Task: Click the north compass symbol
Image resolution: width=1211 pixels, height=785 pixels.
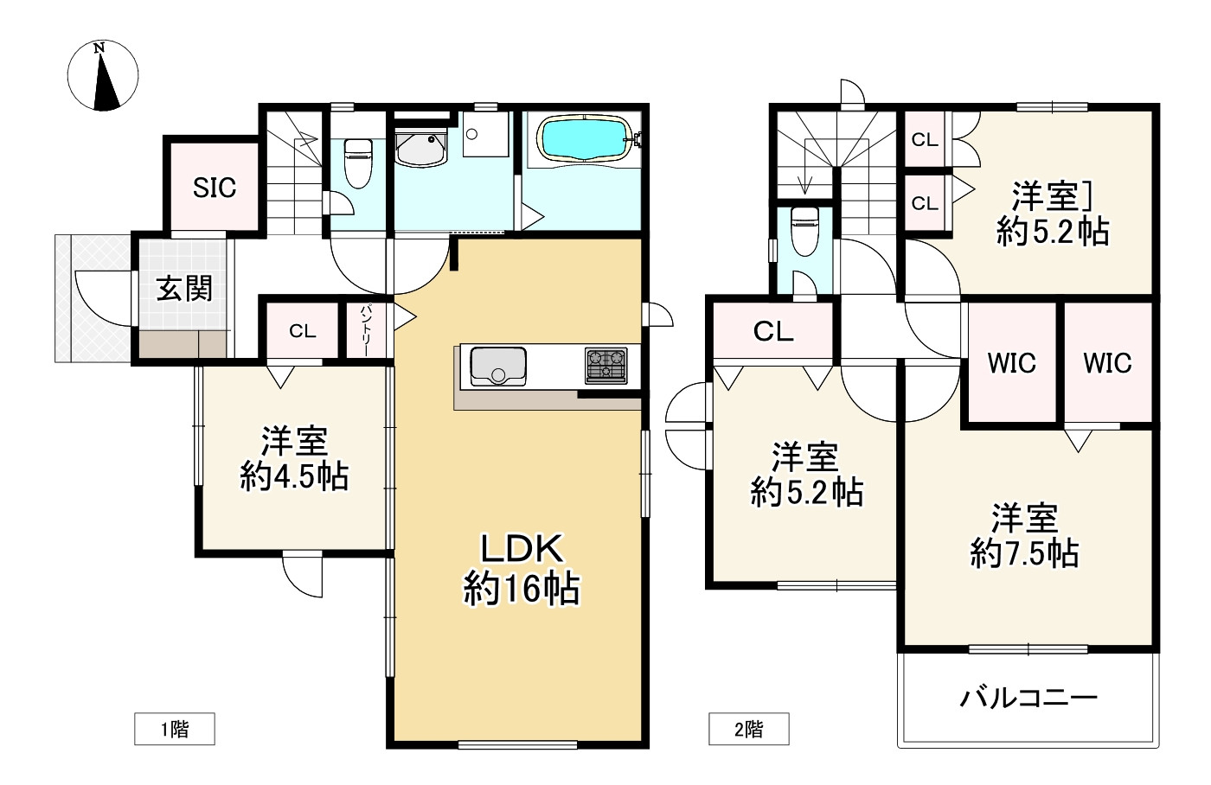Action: pyautogui.click(x=103, y=75)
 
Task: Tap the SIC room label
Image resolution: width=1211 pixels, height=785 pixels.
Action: pyautogui.click(x=215, y=188)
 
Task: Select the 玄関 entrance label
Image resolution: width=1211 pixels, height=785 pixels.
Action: pyautogui.click(x=184, y=289)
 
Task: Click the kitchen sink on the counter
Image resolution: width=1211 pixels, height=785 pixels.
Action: pyautogui.click(x=498, y=367)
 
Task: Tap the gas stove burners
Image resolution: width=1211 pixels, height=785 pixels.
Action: pyautogui.click(x=606, y=366)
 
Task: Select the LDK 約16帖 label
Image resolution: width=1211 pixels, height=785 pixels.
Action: pyautogui.click(x=521, y=569)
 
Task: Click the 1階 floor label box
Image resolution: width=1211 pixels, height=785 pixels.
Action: pyautogui.click(x=175, y=729)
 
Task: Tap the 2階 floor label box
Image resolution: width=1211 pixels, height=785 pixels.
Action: pyautogui.click(x=749, y=729)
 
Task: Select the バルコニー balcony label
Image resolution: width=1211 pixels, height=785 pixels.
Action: pyautogui.click(x=1028, y=698)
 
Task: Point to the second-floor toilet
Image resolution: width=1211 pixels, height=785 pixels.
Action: pyautogui.click(x=805, y=231)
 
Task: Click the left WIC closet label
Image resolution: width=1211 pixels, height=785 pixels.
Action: pyautogui.click(x=1011, y=362)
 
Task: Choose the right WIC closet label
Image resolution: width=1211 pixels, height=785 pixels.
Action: pyautogui.click(x=1107, y=362)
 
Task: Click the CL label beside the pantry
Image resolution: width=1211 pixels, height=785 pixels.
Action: pyautogui.click(x=302, y=330)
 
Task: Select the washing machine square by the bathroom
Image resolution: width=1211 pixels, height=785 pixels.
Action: pyautogui.click(x=485, y=134)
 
